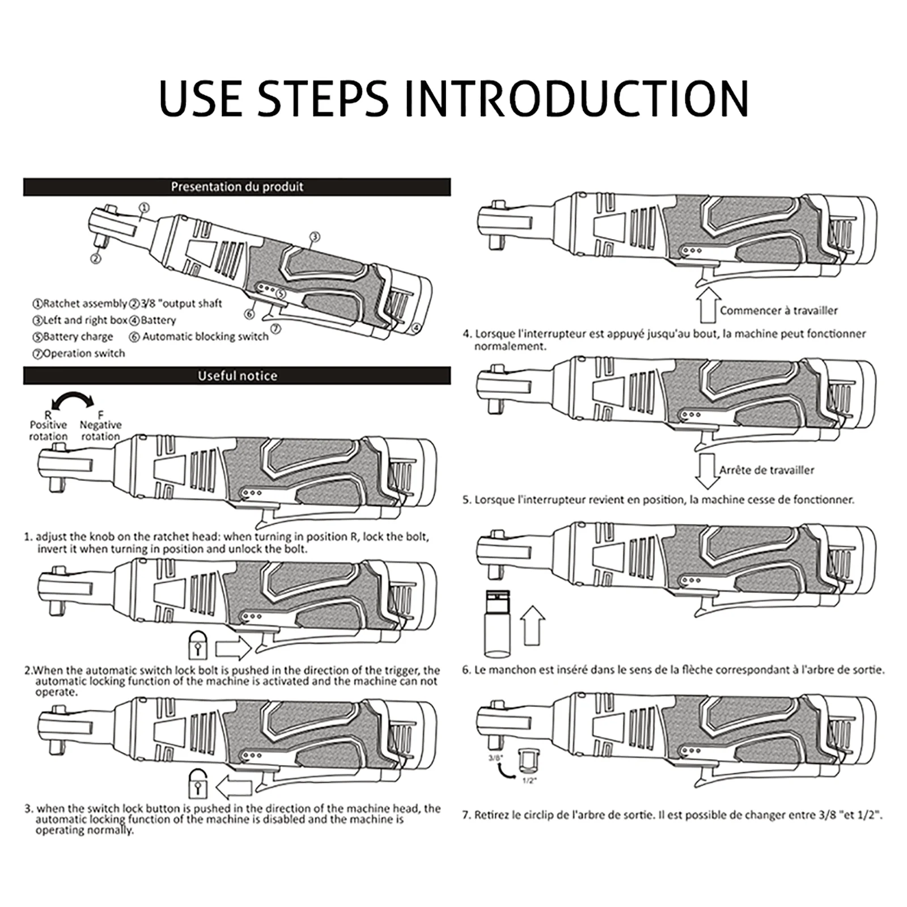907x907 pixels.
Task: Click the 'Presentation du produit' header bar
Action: tap(237, 187)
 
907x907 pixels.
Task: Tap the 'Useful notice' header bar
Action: tap(237, 376)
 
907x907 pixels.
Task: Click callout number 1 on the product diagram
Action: tap(144, 208)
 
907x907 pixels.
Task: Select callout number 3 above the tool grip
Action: tap(315, 237)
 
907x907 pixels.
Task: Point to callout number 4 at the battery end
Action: tap(416, 328)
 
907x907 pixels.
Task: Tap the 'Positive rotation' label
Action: tap(48, 430)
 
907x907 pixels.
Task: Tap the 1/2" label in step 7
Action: tap(528, 781)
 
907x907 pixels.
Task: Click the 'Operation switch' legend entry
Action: tap(79, 354)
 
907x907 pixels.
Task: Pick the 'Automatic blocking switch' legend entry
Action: tap(200, 337)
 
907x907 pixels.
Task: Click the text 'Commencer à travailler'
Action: tap(778, 311)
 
